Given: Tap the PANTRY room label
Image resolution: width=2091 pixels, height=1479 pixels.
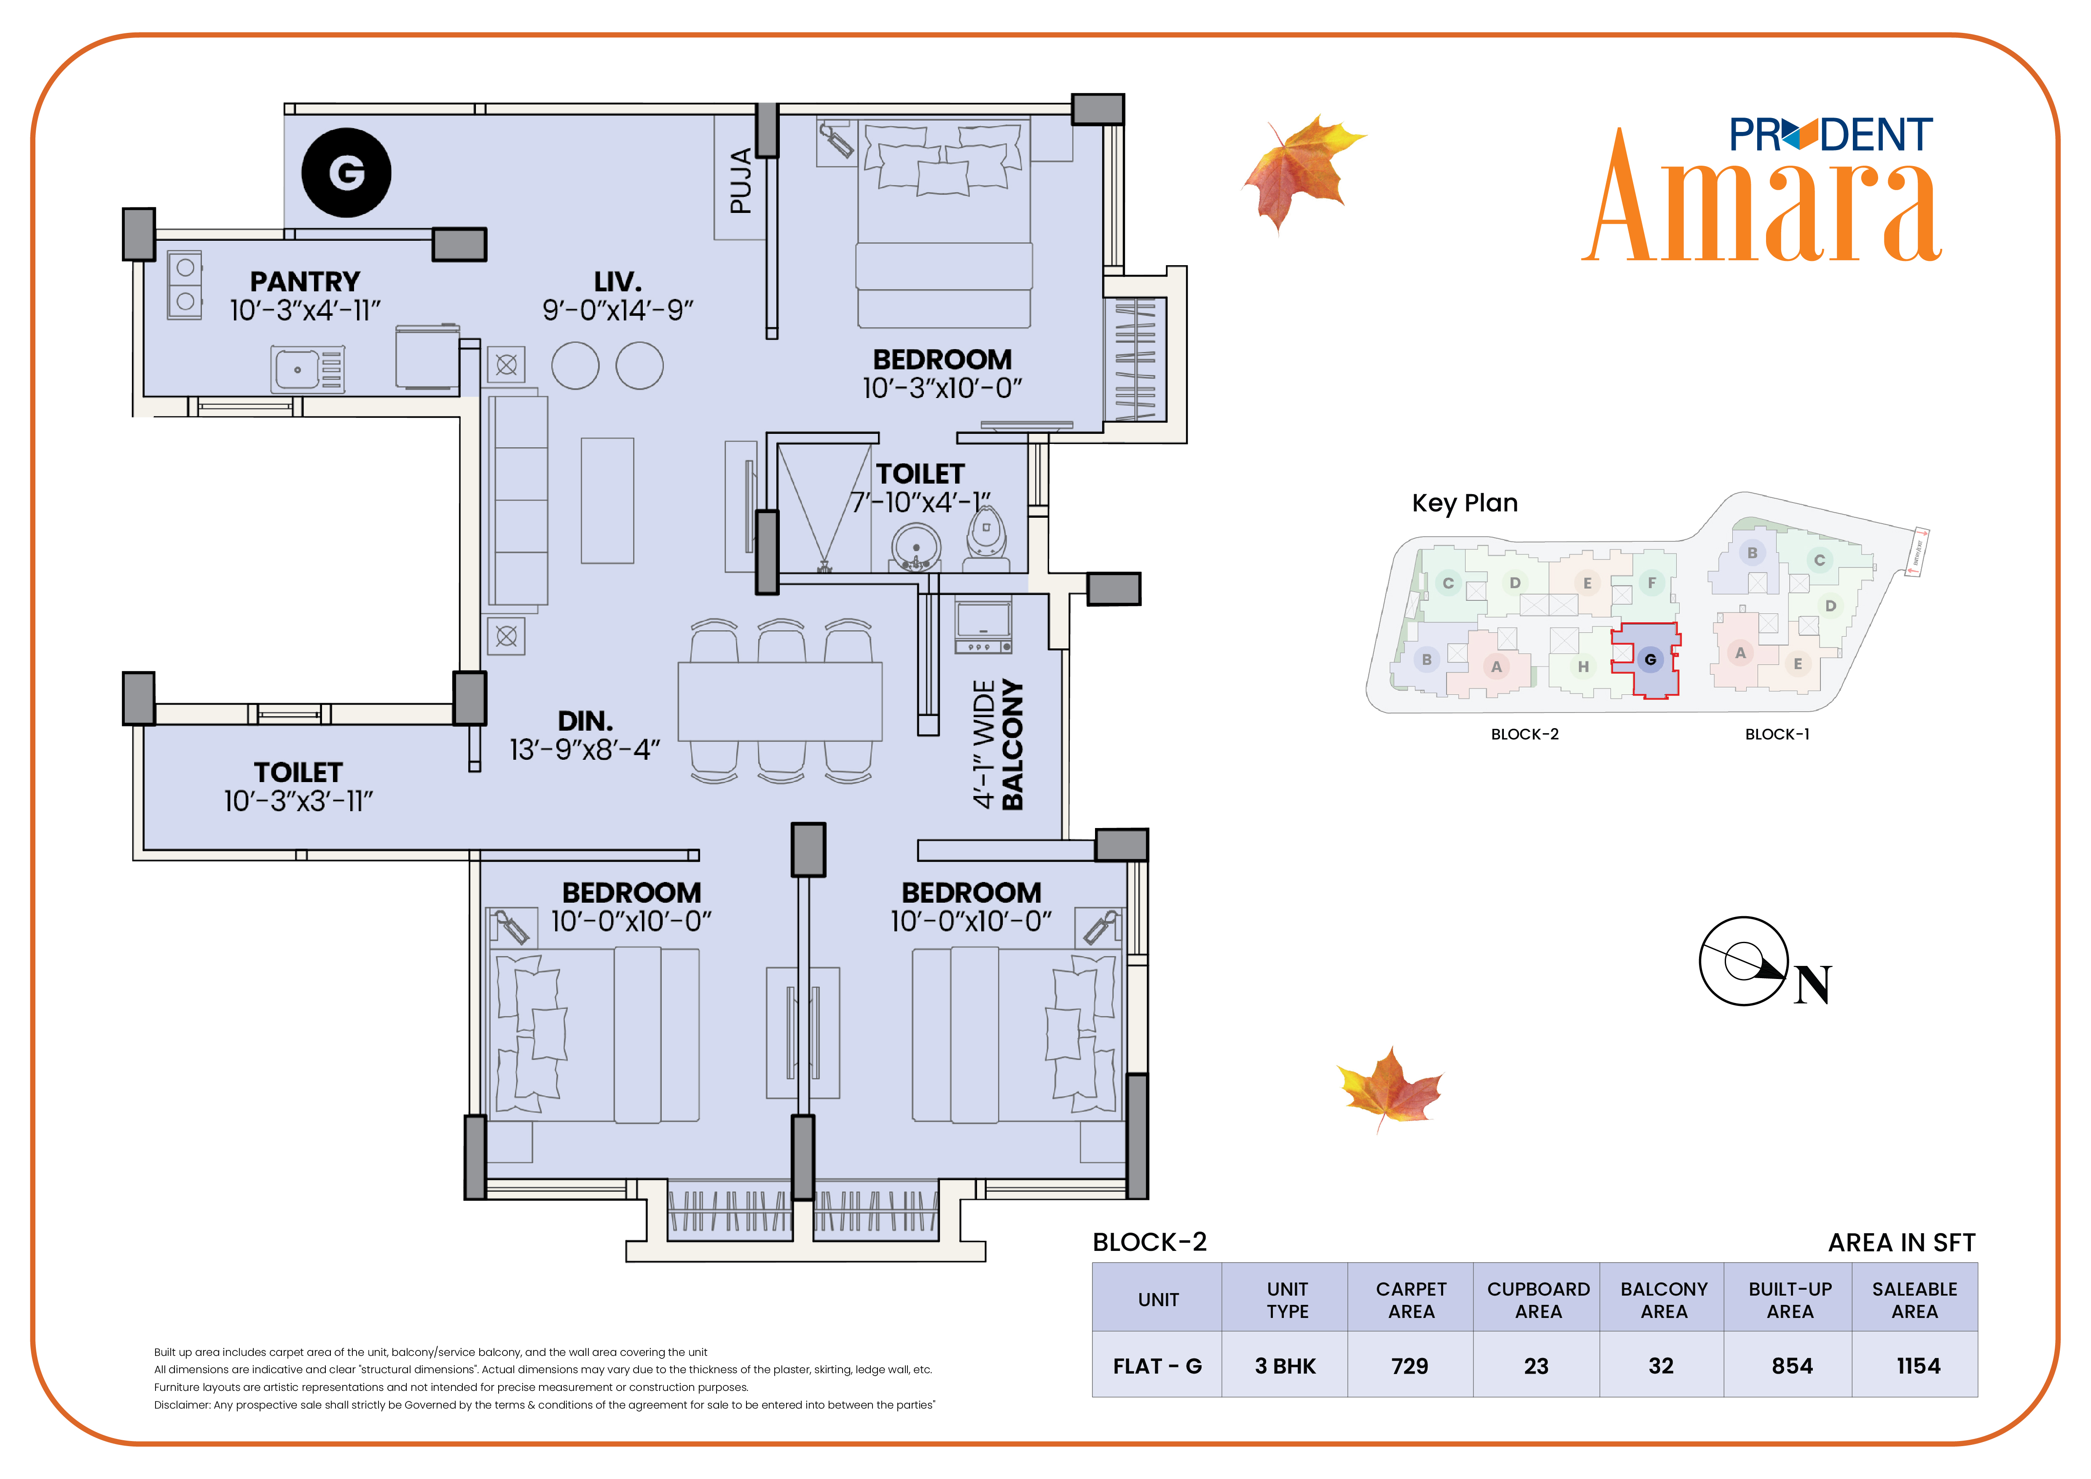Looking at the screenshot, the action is coord(305,281).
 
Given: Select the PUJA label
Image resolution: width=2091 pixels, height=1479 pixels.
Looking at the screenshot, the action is coord(741,180).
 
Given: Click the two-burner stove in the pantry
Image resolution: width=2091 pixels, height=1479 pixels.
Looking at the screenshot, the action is coord(185,285).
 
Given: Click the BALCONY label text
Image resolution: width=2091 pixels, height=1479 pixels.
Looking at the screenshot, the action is coord(1013,745).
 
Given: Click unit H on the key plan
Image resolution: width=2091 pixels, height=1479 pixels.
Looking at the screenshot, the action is coord(1583,667).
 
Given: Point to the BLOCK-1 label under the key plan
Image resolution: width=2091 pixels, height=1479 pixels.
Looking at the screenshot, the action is coord(1777,734).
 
